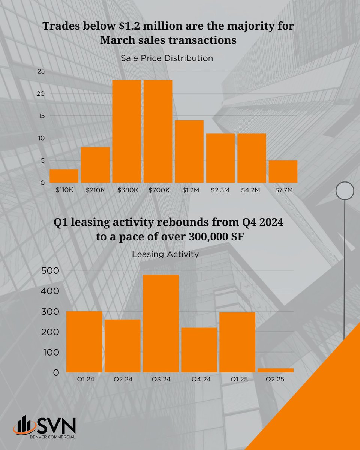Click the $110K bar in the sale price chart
64,176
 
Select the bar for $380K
126,131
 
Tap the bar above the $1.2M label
189,151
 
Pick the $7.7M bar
283,172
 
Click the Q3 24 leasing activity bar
160,323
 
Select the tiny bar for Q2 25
275,370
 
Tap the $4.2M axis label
252,190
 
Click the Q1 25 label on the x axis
237,379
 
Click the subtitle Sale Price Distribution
167,58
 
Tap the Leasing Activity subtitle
165,254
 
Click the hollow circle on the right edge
345,191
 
